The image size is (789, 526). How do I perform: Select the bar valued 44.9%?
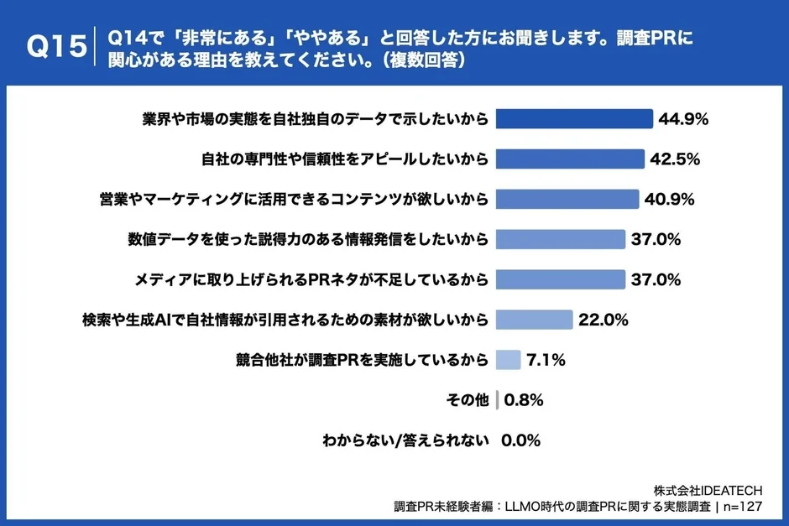(574, 118)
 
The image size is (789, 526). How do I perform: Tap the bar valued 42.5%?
(570, 159)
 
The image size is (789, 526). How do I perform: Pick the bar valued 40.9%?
(567, 199)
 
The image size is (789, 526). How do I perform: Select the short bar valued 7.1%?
(509, 360)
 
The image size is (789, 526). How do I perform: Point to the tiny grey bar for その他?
(498, 400)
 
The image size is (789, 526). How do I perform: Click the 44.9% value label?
(684, 119)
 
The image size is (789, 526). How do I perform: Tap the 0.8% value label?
(524, 400)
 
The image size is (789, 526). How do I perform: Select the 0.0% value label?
(520, 440)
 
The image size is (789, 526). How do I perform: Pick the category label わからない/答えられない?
(405, 440)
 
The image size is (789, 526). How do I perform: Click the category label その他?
(468, 400)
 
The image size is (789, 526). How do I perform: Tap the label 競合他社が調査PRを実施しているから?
(361, 360)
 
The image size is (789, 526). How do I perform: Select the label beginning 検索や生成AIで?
(285, 320)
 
